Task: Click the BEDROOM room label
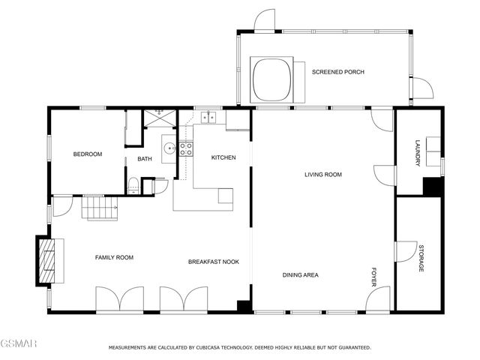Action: (x=87, y=154)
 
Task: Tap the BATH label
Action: (x=145, y=159)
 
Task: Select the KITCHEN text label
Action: (x=223, y=157)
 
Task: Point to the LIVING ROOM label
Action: (x=322, y=175)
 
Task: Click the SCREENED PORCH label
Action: (x=338, y=72)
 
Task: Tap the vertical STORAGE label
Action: (x=421, y=258)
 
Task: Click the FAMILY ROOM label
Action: (x=114, y=257)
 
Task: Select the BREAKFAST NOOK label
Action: (x=213, y=262)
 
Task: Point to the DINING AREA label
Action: (x=301, y=275)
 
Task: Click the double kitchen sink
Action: (x=208, y=117)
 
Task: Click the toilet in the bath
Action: (x=133, y=186)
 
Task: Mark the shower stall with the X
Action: (x=158, y=117)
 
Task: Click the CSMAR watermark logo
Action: (x=18, y=343)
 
